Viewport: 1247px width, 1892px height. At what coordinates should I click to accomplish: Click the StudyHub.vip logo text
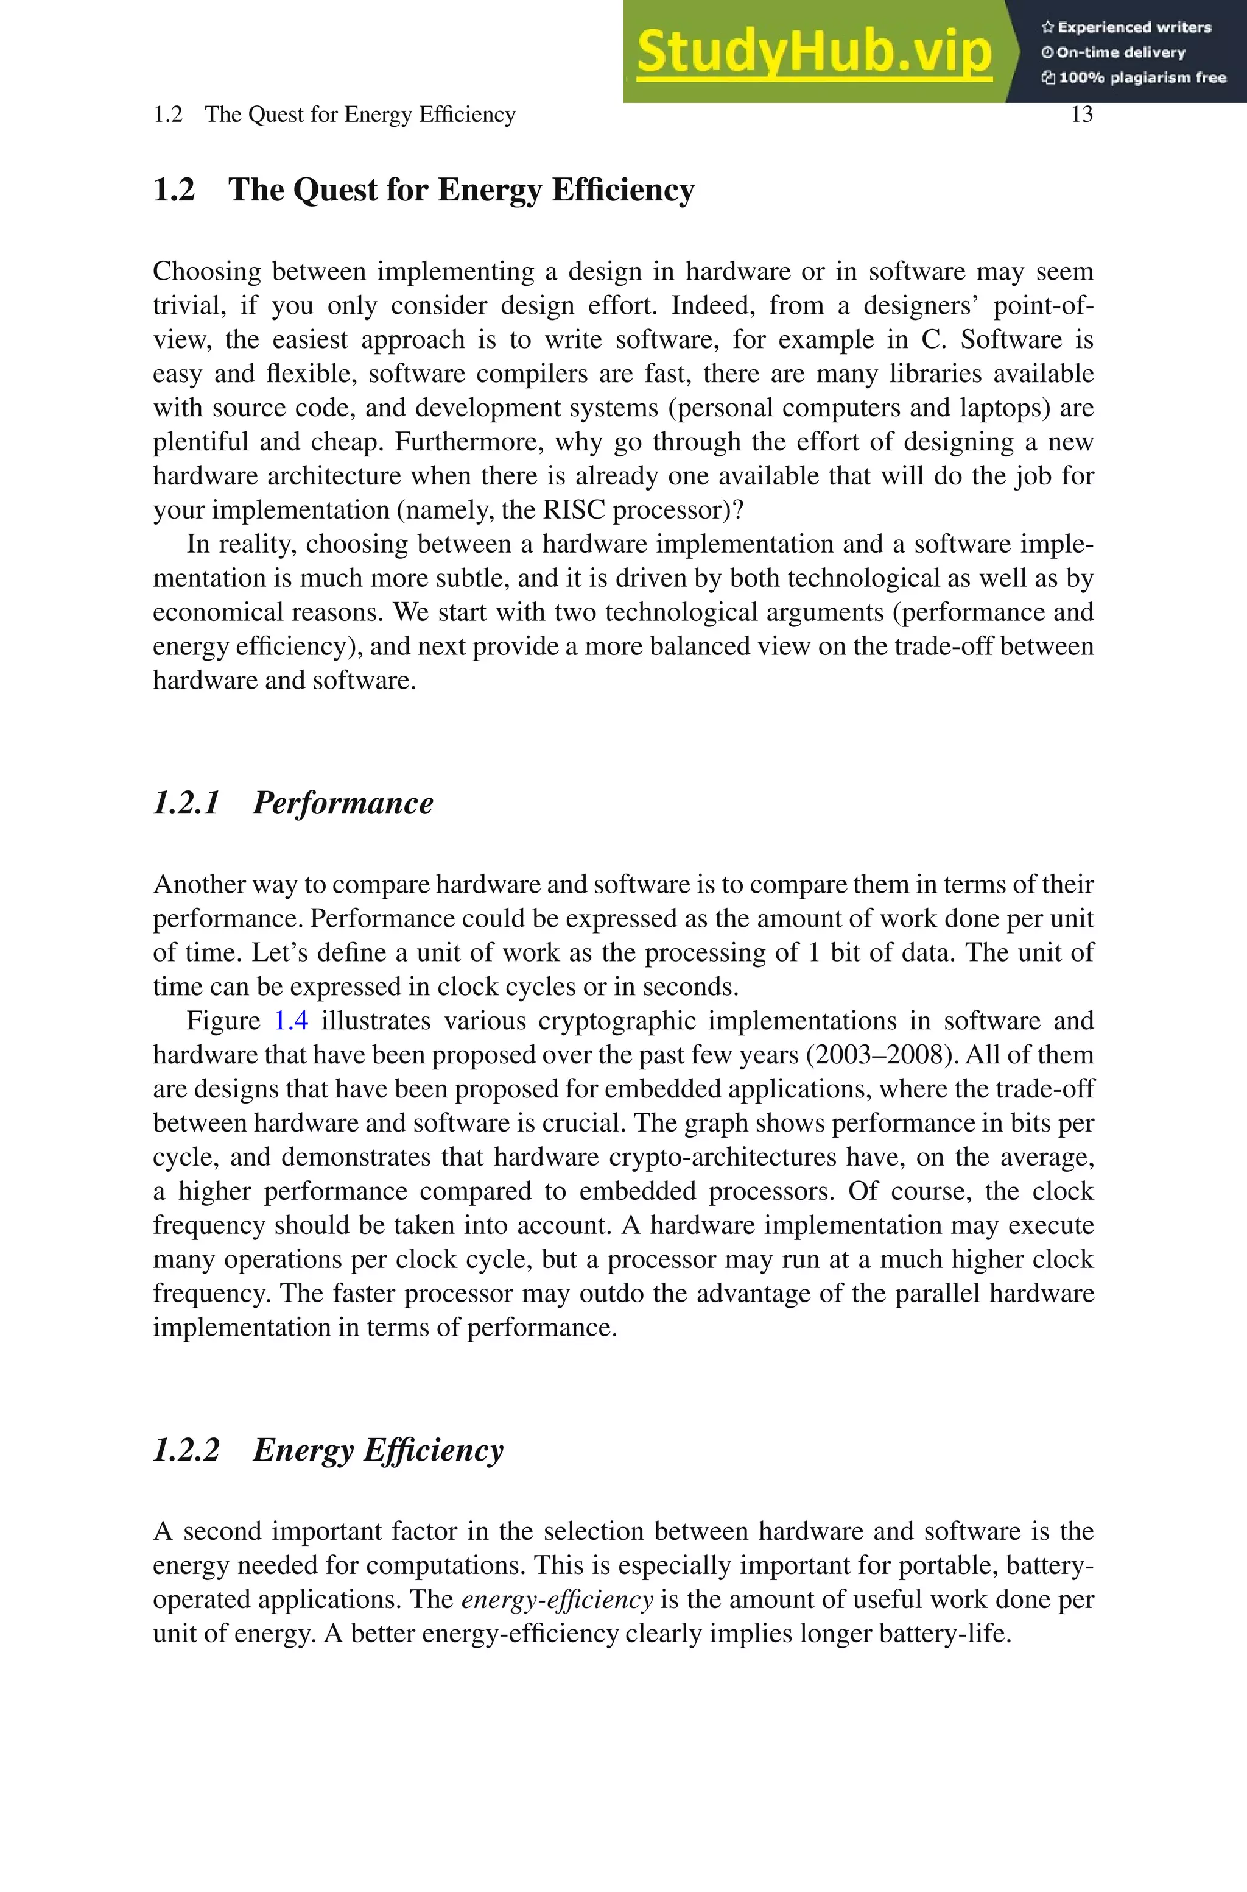pos(813,52)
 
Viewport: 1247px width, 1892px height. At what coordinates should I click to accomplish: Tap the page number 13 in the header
pos(1081,115)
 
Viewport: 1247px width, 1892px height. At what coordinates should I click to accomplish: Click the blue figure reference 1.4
pos(291,1021)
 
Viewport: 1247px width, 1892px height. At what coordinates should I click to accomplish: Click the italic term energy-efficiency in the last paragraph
pos(557,1599)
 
